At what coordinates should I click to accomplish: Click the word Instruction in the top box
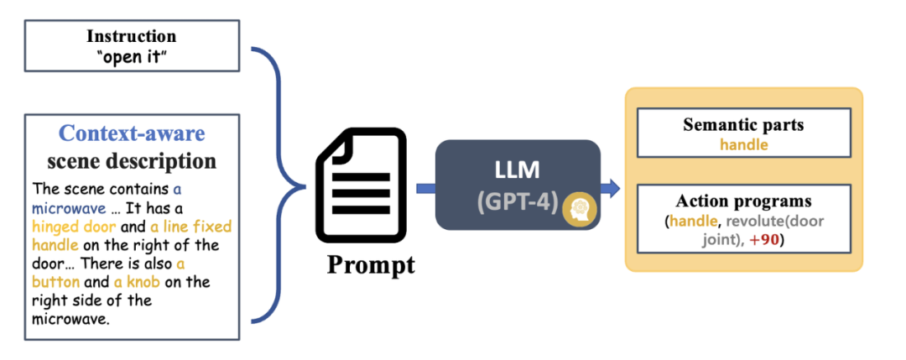tap(132, 37)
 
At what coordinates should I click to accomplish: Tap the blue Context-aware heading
tap(132, 133)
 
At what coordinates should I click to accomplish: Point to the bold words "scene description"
tap(132, 159)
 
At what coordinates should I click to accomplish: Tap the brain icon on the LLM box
tap(580, 210)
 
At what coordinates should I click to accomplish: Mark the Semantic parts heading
tap(743, 126)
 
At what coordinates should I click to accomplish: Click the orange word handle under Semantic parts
tap(743, 144)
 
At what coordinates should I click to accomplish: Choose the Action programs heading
tap(743, 201)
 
